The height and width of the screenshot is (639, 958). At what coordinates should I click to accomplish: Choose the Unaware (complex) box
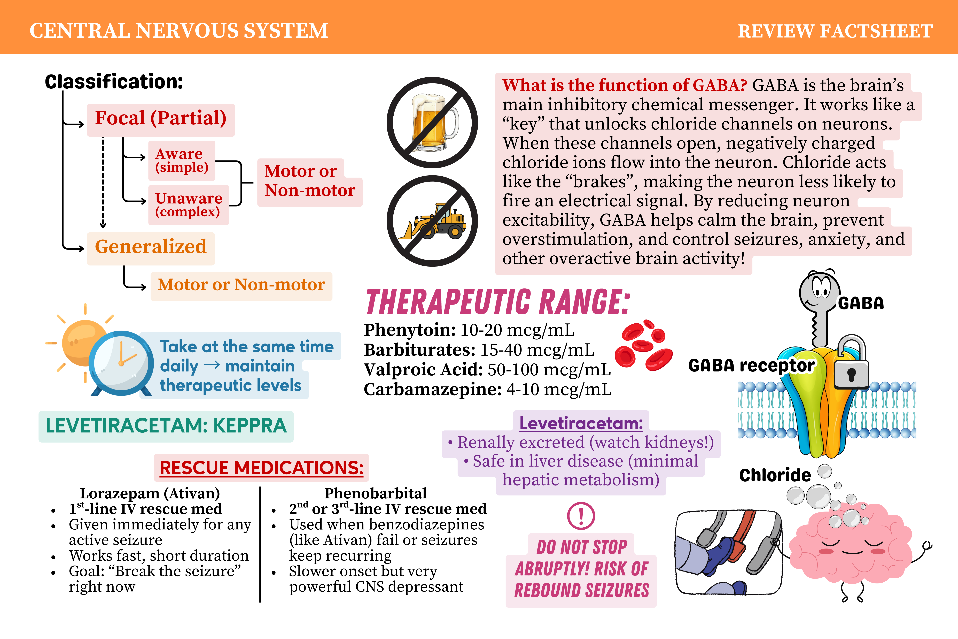pos(188,205)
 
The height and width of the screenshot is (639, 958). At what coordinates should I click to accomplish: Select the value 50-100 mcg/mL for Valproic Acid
pos(549,370)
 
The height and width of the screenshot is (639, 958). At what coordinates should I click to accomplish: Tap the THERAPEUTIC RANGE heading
pos(498,302)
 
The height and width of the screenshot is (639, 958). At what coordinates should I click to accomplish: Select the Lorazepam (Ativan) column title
pos(150,493)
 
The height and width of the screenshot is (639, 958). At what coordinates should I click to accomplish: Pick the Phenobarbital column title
pos(375,493)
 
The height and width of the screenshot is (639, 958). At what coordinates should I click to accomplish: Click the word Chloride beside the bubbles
pos(775,475)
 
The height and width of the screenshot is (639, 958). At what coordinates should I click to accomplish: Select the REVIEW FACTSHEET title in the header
pos(835,31)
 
